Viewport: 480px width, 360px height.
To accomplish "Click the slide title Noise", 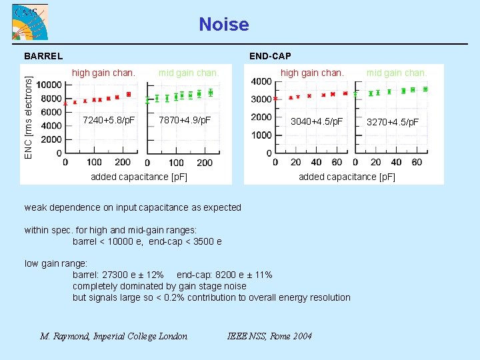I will coord(224,25).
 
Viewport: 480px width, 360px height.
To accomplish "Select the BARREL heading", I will coord(43,56).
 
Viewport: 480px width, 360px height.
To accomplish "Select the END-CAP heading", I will coord(269,56).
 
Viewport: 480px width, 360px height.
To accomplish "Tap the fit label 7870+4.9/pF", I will coord(185,121).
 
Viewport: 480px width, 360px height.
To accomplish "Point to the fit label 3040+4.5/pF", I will coord(317,122).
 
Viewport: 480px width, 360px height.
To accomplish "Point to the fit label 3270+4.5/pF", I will coord(393,122).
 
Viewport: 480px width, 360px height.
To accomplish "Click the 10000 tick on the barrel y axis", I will coord(49,85).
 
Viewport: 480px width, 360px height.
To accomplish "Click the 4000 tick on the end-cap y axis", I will coord(261,81).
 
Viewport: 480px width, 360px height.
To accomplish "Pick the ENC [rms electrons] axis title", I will coord(28,117).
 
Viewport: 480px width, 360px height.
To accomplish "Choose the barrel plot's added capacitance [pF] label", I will coord(139,177).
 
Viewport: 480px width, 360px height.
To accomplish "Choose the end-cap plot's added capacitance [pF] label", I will coord(347,177).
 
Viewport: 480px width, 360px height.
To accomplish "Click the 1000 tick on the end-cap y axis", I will coord(261,135).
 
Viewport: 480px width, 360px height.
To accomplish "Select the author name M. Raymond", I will coord(66,336).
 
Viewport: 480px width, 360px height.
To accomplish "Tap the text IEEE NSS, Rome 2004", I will coord(269,336).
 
